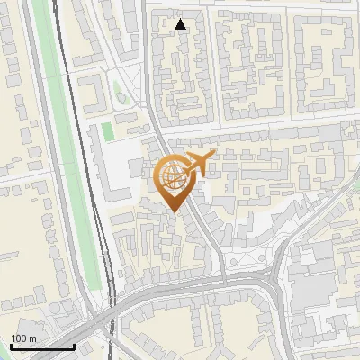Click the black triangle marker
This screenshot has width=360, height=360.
point(181,24)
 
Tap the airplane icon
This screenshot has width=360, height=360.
point(195,164)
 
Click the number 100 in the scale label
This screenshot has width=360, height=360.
point(19,338)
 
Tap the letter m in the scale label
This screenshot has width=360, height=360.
point(32,338)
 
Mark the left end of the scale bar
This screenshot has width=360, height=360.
point(10,346)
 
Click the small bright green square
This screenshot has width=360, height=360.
point(108,131)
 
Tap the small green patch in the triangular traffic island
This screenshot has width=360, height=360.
point(118,90)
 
